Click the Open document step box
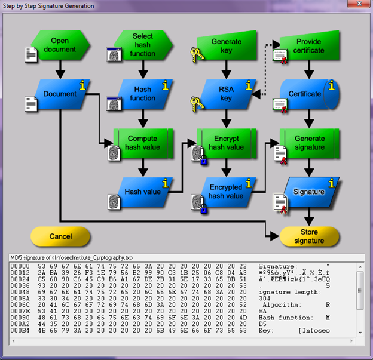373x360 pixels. (x=60, y=45)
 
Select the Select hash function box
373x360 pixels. (x=143, y=45)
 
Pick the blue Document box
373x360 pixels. (x=60, y=94)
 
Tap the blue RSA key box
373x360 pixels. (x=226, y=94)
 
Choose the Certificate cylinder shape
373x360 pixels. (x=306, y=94)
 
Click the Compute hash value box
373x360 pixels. (x=143, y=143)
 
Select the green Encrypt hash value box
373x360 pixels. (x=226, y=143)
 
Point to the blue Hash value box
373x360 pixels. (x=143, y=192)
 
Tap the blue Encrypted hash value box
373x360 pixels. (x=226, y=192)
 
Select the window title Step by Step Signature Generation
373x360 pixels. (x=48, y=6)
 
